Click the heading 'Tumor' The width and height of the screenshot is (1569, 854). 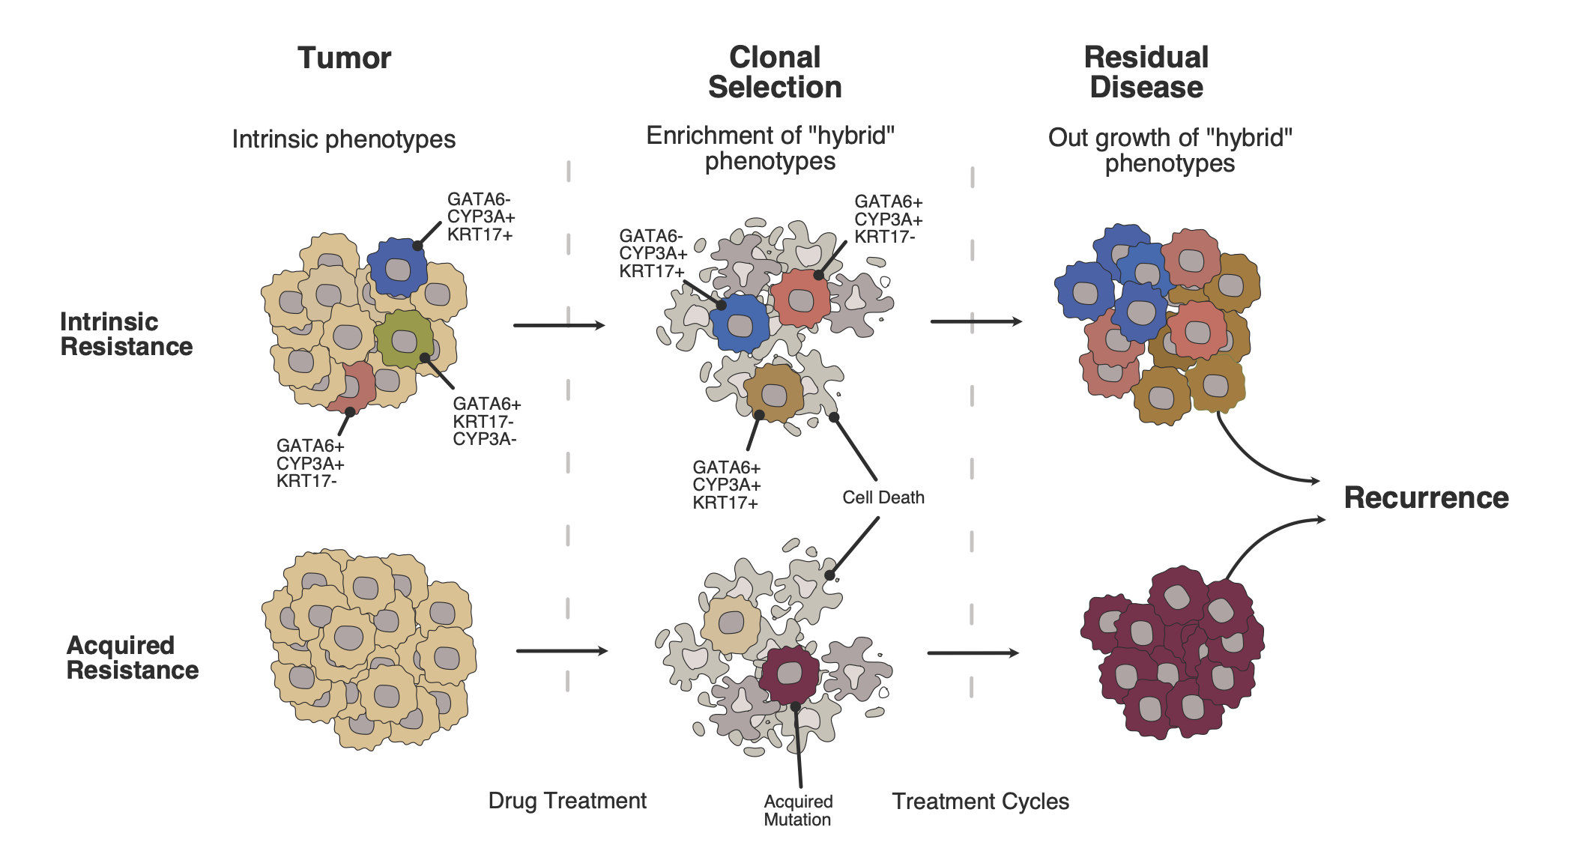point(344,58)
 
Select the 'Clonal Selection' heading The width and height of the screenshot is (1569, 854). point(775,73)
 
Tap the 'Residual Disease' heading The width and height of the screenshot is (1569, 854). point(1146,73)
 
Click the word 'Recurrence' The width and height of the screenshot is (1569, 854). point(1426,498)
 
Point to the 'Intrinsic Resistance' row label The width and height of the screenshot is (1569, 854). point(126,334)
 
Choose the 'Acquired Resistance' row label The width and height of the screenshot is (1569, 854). point(132,658)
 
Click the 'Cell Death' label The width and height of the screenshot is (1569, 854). point(883,497)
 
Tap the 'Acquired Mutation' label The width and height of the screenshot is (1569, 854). point(798,811)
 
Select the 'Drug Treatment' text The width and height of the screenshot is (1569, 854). point(567,801)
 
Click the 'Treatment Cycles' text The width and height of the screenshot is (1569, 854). point(980,802)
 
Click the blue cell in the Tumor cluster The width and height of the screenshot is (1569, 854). point(397,267)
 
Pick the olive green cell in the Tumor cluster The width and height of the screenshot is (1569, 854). point(404,341)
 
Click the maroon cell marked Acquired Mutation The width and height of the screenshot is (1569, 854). point(790,673)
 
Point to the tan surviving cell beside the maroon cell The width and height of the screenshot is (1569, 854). point(731,623)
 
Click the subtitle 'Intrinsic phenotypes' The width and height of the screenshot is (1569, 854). point(343,139)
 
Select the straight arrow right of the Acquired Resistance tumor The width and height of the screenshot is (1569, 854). point(562,651)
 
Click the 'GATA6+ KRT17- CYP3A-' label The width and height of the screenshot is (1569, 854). point(486,422)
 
